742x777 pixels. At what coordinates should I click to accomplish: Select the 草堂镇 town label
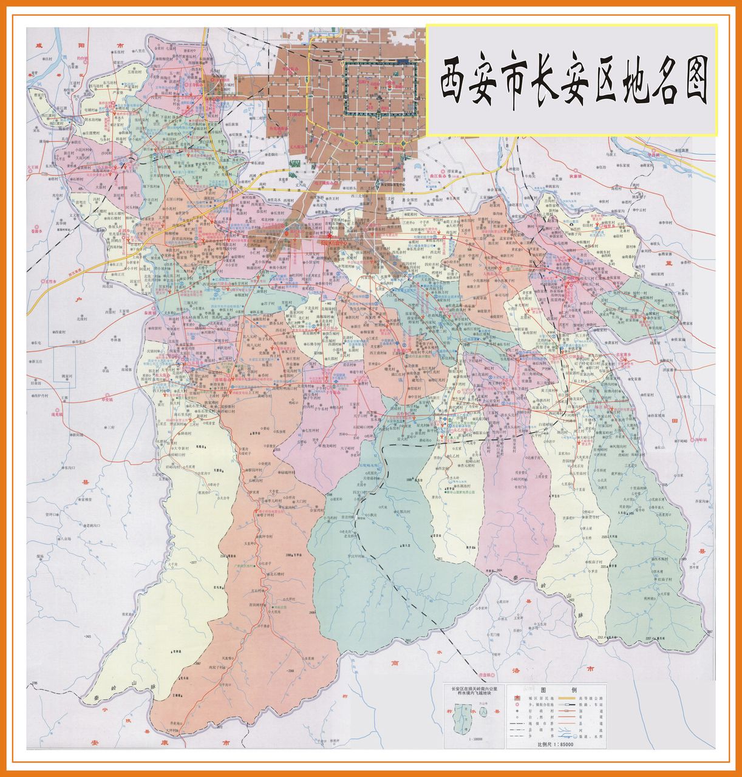coord(107,400)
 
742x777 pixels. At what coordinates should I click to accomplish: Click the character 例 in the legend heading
coord(574,690)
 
